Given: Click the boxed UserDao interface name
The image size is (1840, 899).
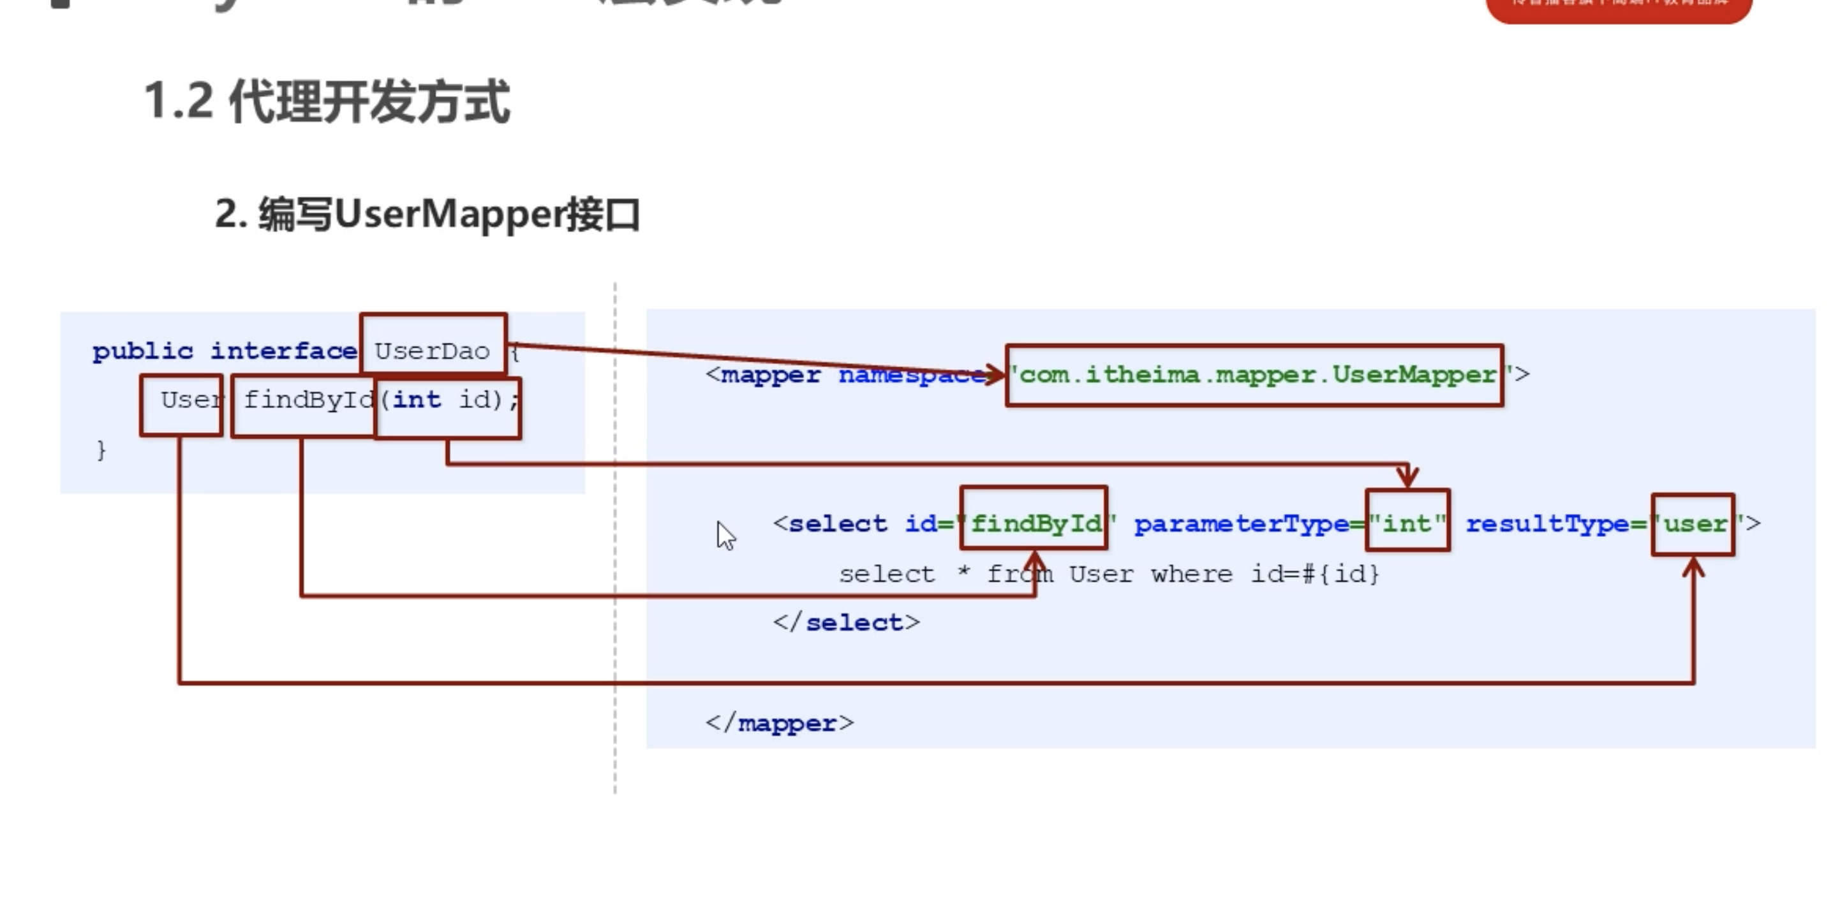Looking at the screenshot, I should pos(432,351).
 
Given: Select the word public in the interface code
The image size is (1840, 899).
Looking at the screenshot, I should pos(143,351).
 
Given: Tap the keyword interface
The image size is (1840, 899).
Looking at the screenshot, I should pos(283,351).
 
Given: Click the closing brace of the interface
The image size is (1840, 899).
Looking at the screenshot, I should pos(101,451).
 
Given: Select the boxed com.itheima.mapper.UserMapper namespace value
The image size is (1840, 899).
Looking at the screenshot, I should pos(1254,376).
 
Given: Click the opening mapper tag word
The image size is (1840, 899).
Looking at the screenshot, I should pos(770,376).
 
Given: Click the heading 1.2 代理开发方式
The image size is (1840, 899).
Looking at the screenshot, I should pos(327,102).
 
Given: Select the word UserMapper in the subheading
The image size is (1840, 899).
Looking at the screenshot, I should pos(449,215).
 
